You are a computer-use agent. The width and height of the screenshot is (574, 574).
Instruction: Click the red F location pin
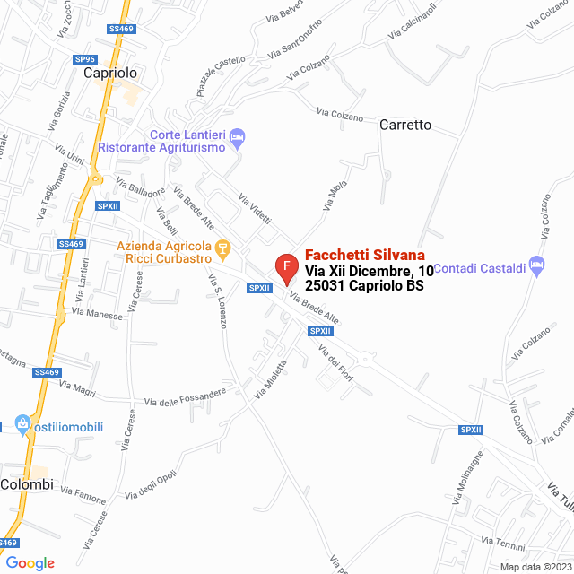pyautogui.click(x=285, y=268)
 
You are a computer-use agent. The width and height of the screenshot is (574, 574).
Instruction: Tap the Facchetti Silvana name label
pyautogui.click(x=365, y=255)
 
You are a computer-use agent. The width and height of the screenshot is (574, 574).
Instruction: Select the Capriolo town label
pyautogui.click(x=109, y=74)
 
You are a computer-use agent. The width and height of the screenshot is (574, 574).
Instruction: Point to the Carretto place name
pyautogui.click(x=405, y=125)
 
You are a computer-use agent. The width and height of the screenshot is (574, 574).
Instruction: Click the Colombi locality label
pyautogui.click(x=27, y=484)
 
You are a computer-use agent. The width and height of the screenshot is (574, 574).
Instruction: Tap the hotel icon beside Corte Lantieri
pyautogui.click(x=238, y=138)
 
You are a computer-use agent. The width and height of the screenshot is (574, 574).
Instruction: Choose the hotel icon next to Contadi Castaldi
pyautogui.click(x=537, y=264)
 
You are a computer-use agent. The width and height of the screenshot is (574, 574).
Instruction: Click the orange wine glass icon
pyautogui.click(x=223, y=247)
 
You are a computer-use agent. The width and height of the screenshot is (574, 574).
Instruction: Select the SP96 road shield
pyautogui.click(x=84, y=59)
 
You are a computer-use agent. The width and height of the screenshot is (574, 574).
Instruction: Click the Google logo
pyautogui.click(x=30, y=562)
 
